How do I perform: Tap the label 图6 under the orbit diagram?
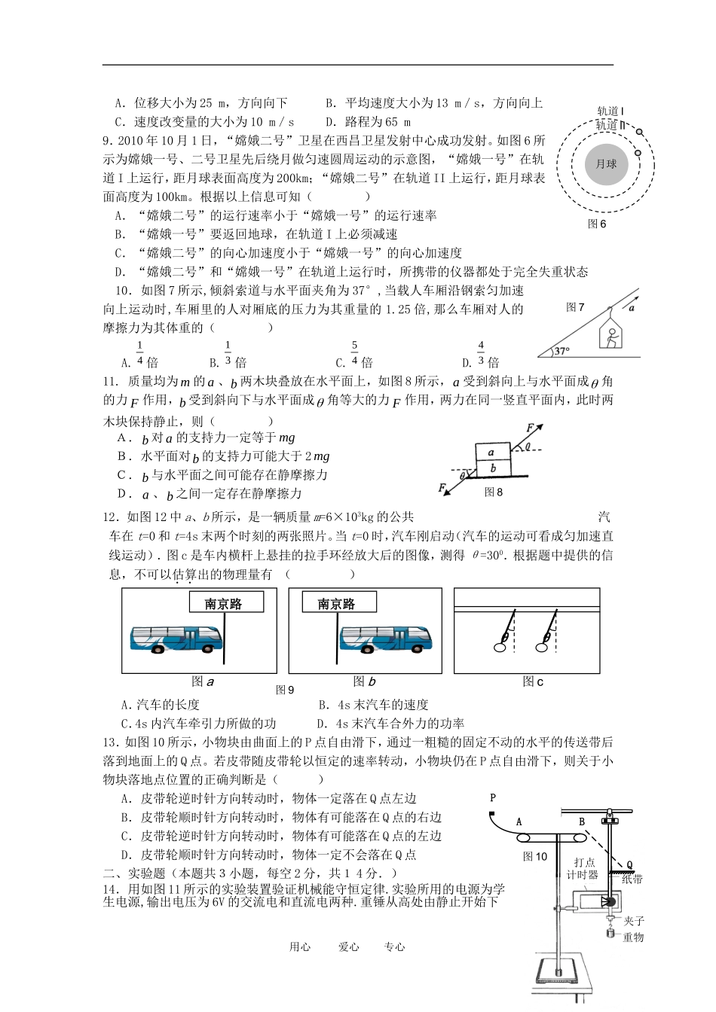coord(597,224)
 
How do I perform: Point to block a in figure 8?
coord(491,453)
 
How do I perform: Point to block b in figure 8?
coord(491,468)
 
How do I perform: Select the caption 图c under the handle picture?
coord(533,681)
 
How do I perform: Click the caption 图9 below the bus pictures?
coord(285,689)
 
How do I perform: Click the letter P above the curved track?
coord(493,797)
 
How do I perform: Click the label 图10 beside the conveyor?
coord(535,855)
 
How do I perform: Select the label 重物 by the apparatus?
coord(633,937)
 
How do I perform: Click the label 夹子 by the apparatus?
coord(634,921)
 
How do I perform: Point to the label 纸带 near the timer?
coord(632,879)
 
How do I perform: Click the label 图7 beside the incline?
coord(575,307)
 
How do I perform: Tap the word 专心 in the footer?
coord(394,947)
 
